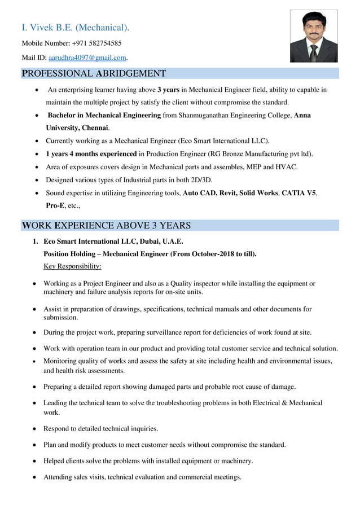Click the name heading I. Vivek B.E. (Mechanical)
75,27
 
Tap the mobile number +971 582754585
96,43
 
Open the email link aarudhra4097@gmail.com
87,58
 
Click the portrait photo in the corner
314,36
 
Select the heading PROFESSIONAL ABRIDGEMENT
94,73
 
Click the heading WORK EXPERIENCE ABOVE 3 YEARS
106,226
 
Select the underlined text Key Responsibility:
72,266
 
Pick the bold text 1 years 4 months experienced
91,153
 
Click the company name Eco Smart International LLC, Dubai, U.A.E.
113,241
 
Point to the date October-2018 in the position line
214,254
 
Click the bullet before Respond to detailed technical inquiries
36,429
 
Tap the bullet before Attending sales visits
36,477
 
